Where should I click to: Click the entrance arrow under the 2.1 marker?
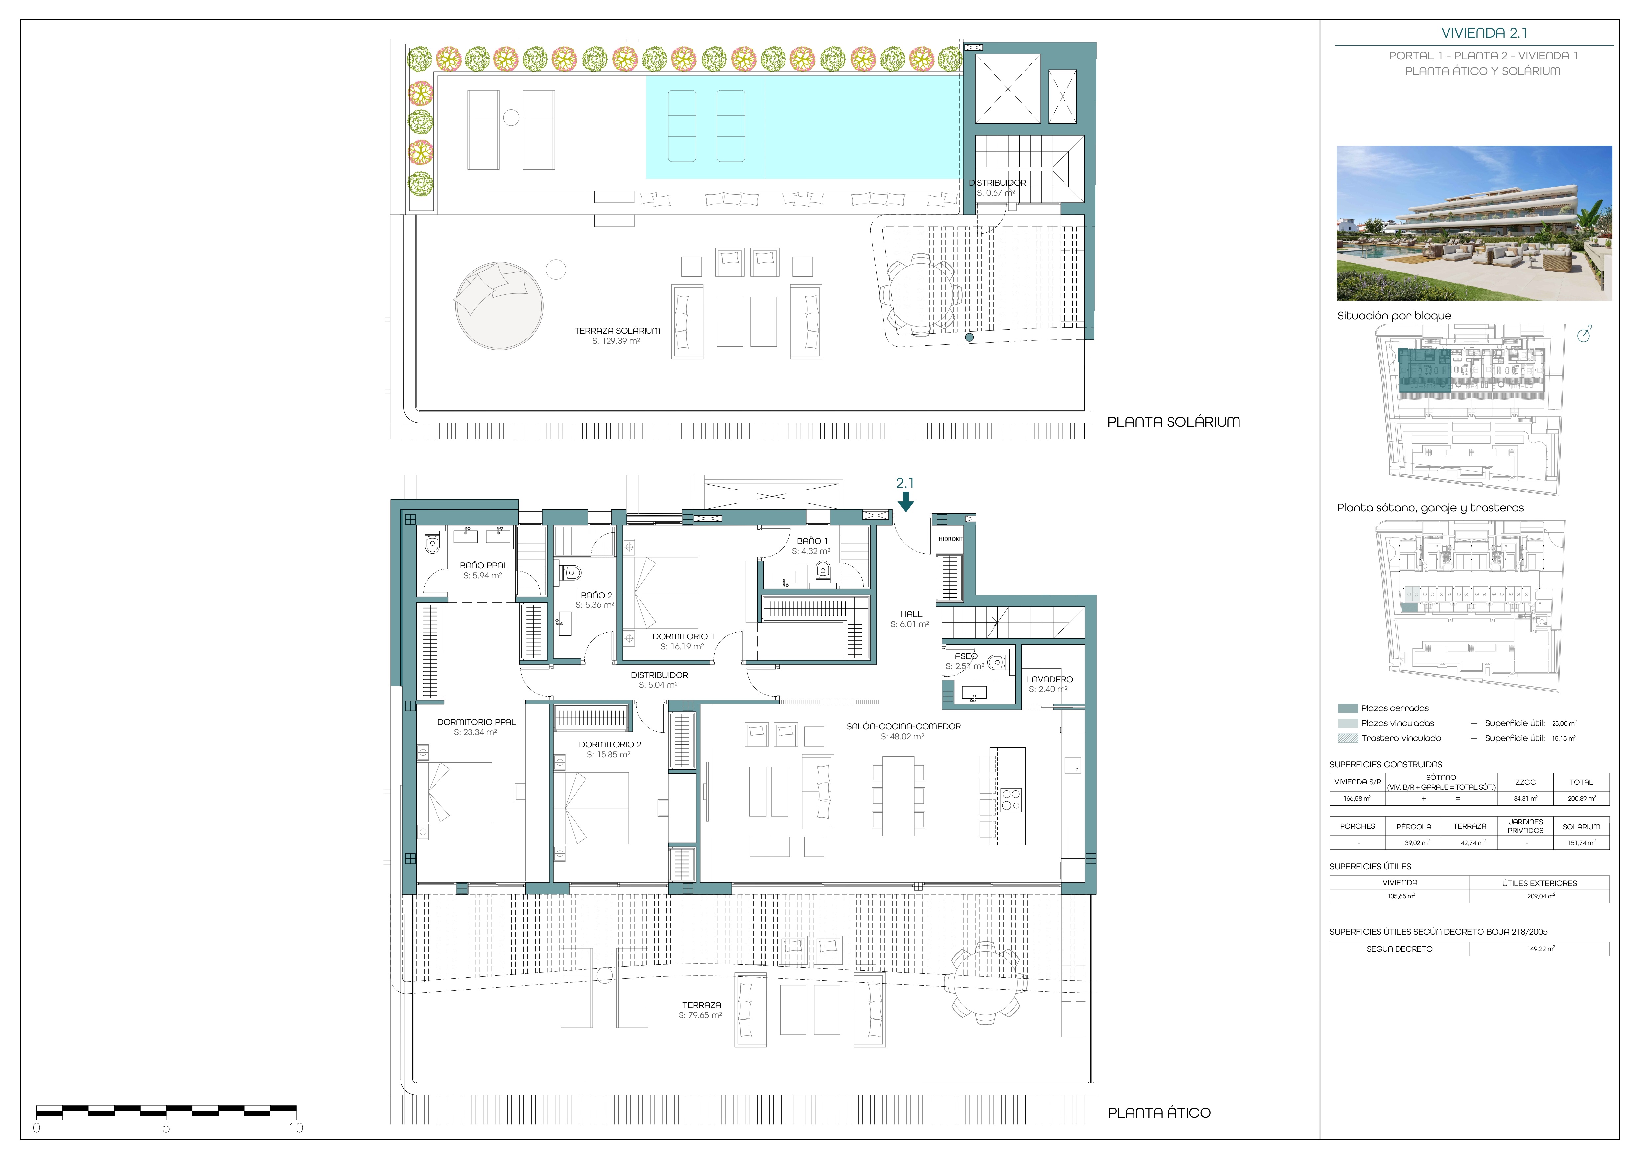pyautogui.click(x=906, y=502)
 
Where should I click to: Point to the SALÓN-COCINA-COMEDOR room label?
pyautogui.click(x=904, y=726)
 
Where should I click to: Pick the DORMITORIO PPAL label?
pyautogui.click(x=476, y=722)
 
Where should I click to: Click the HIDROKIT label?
pyautogui.click(x=951, y=539)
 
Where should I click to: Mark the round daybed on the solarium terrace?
pyautogui.click(x=499, y=305)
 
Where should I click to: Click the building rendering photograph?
pyautogui.click(x=1474, y=223)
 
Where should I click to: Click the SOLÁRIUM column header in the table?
pyautogui.click(x=1582, y=827)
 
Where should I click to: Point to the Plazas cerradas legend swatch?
pyautogui.click(x=1347, y=709)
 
